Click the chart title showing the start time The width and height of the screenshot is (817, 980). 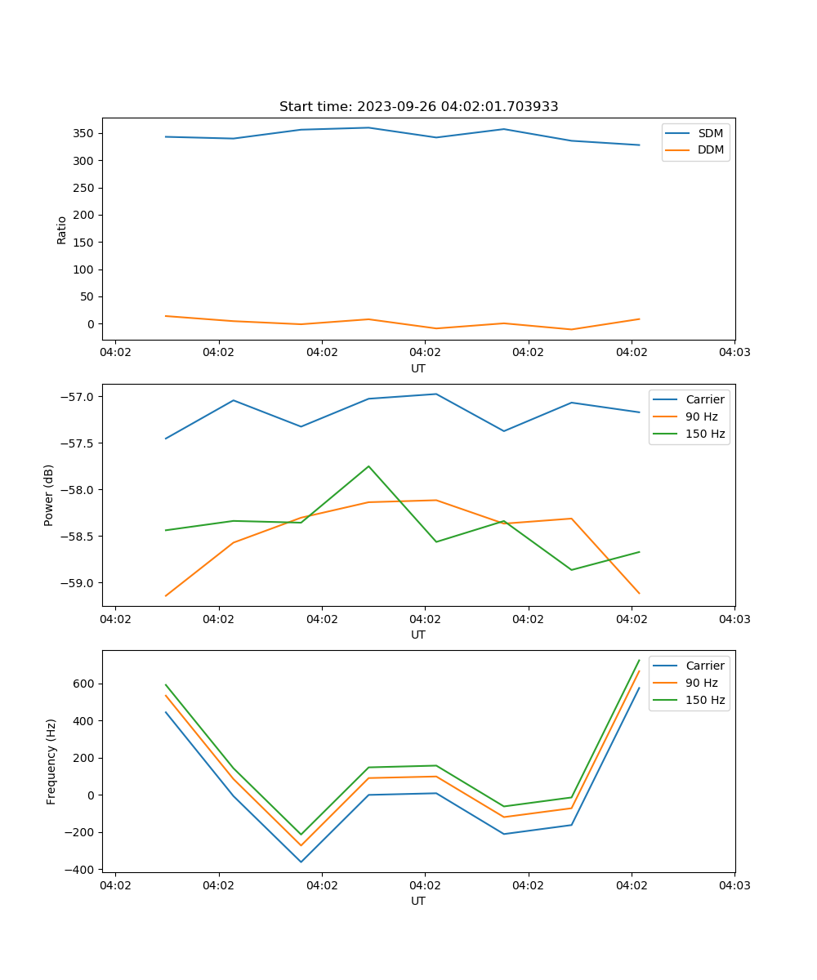pyautogui.click(x=418, y=107)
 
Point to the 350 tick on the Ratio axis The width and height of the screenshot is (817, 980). pyautogui.click(x=85, y=133)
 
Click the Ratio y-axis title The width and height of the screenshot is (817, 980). pyautogui.click(x=62, y=229)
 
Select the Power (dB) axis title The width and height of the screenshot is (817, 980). pyautogui.click(x=49, y=495)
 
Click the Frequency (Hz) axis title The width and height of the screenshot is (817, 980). pyautogui.click(x=51, y=761)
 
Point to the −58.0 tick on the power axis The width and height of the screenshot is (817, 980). pyautogui.click(x=78, y=490)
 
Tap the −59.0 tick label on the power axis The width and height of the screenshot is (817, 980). pyautogui.click(x=78, y=583)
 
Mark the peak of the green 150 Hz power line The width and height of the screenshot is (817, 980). pyautogui.click(x=368, y=466)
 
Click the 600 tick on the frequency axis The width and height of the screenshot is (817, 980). pyautogui.click(x=85, y=684)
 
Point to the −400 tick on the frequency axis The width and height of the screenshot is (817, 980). pyautogui.click(x=82, y=870)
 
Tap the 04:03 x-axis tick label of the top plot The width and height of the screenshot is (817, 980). pyautogui.click(x=734, y=353)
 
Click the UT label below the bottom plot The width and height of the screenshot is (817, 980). pyautogui.click(x=418, y=901)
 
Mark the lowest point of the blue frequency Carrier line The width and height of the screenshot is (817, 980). pyautogui.click(x=301, y=862)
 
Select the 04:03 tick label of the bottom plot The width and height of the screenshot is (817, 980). pyautogui.click(x=734, y=885)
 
